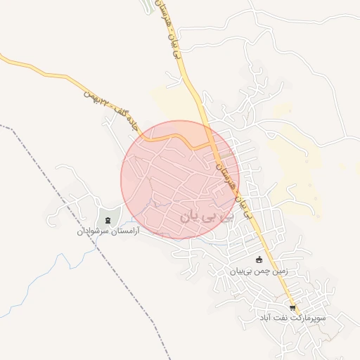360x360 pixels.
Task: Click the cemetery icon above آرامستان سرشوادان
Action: [108, 220]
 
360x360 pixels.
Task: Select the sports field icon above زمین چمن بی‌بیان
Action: [259, 259]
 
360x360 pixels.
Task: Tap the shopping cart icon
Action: [292, 308]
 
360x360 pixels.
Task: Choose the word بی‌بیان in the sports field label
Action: [241, 270]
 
